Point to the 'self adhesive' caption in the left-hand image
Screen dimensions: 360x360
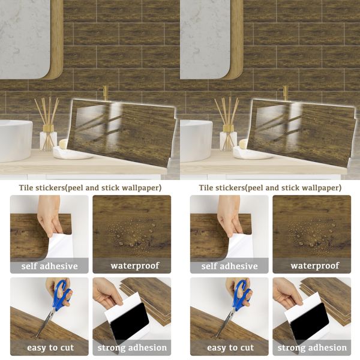coord(49,266)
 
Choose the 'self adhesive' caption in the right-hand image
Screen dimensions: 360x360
coord(229,266)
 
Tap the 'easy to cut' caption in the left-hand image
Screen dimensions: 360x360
coord(49,347)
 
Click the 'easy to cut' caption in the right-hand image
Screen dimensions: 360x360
coord(229,347)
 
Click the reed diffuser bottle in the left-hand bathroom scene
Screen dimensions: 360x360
coord(48,140)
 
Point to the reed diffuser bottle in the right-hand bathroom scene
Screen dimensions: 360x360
coord(228,140)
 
